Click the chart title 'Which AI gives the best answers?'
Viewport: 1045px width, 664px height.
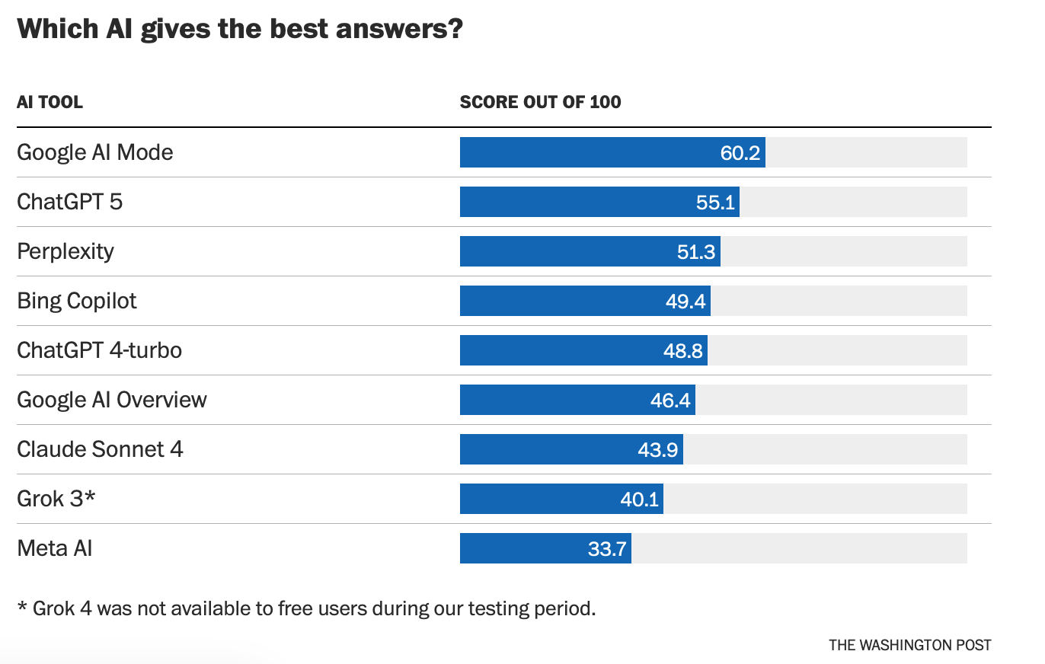(240, 29)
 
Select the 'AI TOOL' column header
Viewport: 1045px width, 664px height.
(50, 102)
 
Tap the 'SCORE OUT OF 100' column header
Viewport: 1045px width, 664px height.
(540, 102)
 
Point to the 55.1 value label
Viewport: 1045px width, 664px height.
(715, 202)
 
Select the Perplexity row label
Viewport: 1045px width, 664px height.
(66, 251)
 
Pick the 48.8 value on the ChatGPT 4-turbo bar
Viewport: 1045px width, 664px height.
(683, 350)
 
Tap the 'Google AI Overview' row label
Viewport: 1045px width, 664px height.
(112, 400)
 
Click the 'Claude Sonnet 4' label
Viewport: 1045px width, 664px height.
(100, 449)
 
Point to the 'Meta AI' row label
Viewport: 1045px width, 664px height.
(54, 548)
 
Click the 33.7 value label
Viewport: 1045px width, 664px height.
(607, 548)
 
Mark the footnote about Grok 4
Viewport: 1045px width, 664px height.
(305, 609)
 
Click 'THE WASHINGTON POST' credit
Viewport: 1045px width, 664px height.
(910, 645)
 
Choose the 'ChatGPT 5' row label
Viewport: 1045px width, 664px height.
(69, 202)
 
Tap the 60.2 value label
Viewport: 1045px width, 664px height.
(740, 152)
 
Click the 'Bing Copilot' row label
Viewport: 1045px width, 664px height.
(77, 301)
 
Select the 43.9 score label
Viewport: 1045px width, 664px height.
(658, 449)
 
